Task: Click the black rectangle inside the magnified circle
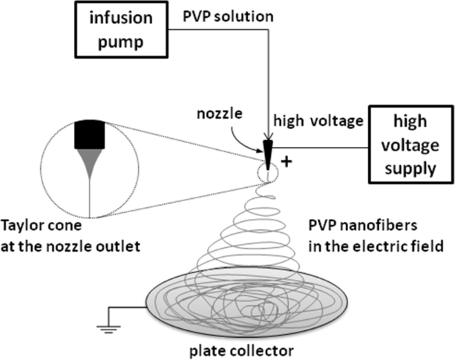click(91, 137)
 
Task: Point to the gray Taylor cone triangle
click(91, 166)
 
